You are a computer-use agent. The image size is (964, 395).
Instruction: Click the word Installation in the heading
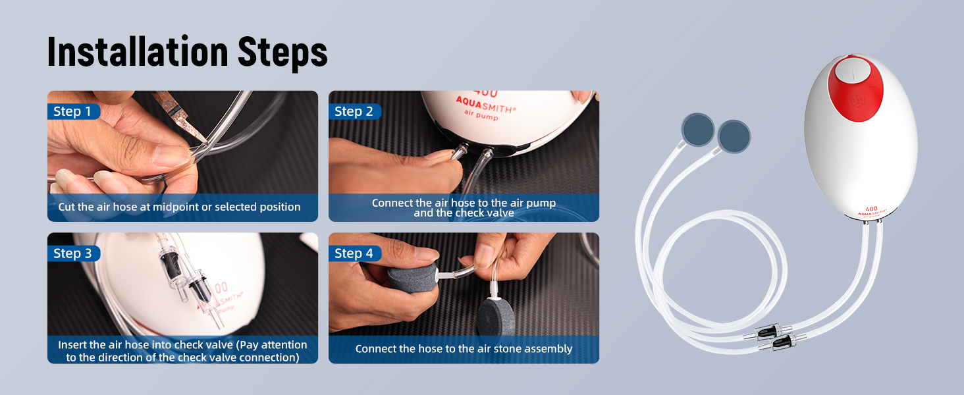pyautogui.click(x=138, y=52)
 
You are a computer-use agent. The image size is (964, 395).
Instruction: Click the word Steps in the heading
pyautogui.click(x=282, y=53)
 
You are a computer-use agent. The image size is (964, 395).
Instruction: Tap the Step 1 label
pyautogui.click(x=72, y=111)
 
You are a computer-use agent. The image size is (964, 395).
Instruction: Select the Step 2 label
pyautogui.click(x=354, y=111)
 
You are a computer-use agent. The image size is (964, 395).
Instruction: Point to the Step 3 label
pyautogui.click(x=72, y=253)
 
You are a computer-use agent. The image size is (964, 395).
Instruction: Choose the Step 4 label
pyautogui.click(x=354, y=253)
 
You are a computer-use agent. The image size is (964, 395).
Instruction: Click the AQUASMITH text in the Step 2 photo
pyautogui.click(x=486, y=104)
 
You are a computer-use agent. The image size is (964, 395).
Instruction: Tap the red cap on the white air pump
pyautogui.click(x=855, y=88)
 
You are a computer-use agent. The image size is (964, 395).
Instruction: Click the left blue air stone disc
pyautogui.click(x=697, y=130)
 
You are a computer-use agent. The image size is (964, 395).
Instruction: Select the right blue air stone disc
pyautogui.click(x=734, y=137)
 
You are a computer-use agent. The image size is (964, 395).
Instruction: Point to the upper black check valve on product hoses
pyautogui.click(x=768, y=332)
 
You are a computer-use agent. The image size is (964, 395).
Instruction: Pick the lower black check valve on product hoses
pyautogui.click(x=782, y=342)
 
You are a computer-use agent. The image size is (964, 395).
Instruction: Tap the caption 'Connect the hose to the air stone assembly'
pyautogui.click(x=464, y=348)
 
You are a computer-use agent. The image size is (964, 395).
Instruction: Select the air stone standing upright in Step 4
pyautogui.click(x=496, y=316)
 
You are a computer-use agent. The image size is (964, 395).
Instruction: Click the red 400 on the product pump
pyautogui.click(x=871, y=209)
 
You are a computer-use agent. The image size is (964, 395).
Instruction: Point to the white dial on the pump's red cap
pyautogui.click(x=853, y=71)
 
